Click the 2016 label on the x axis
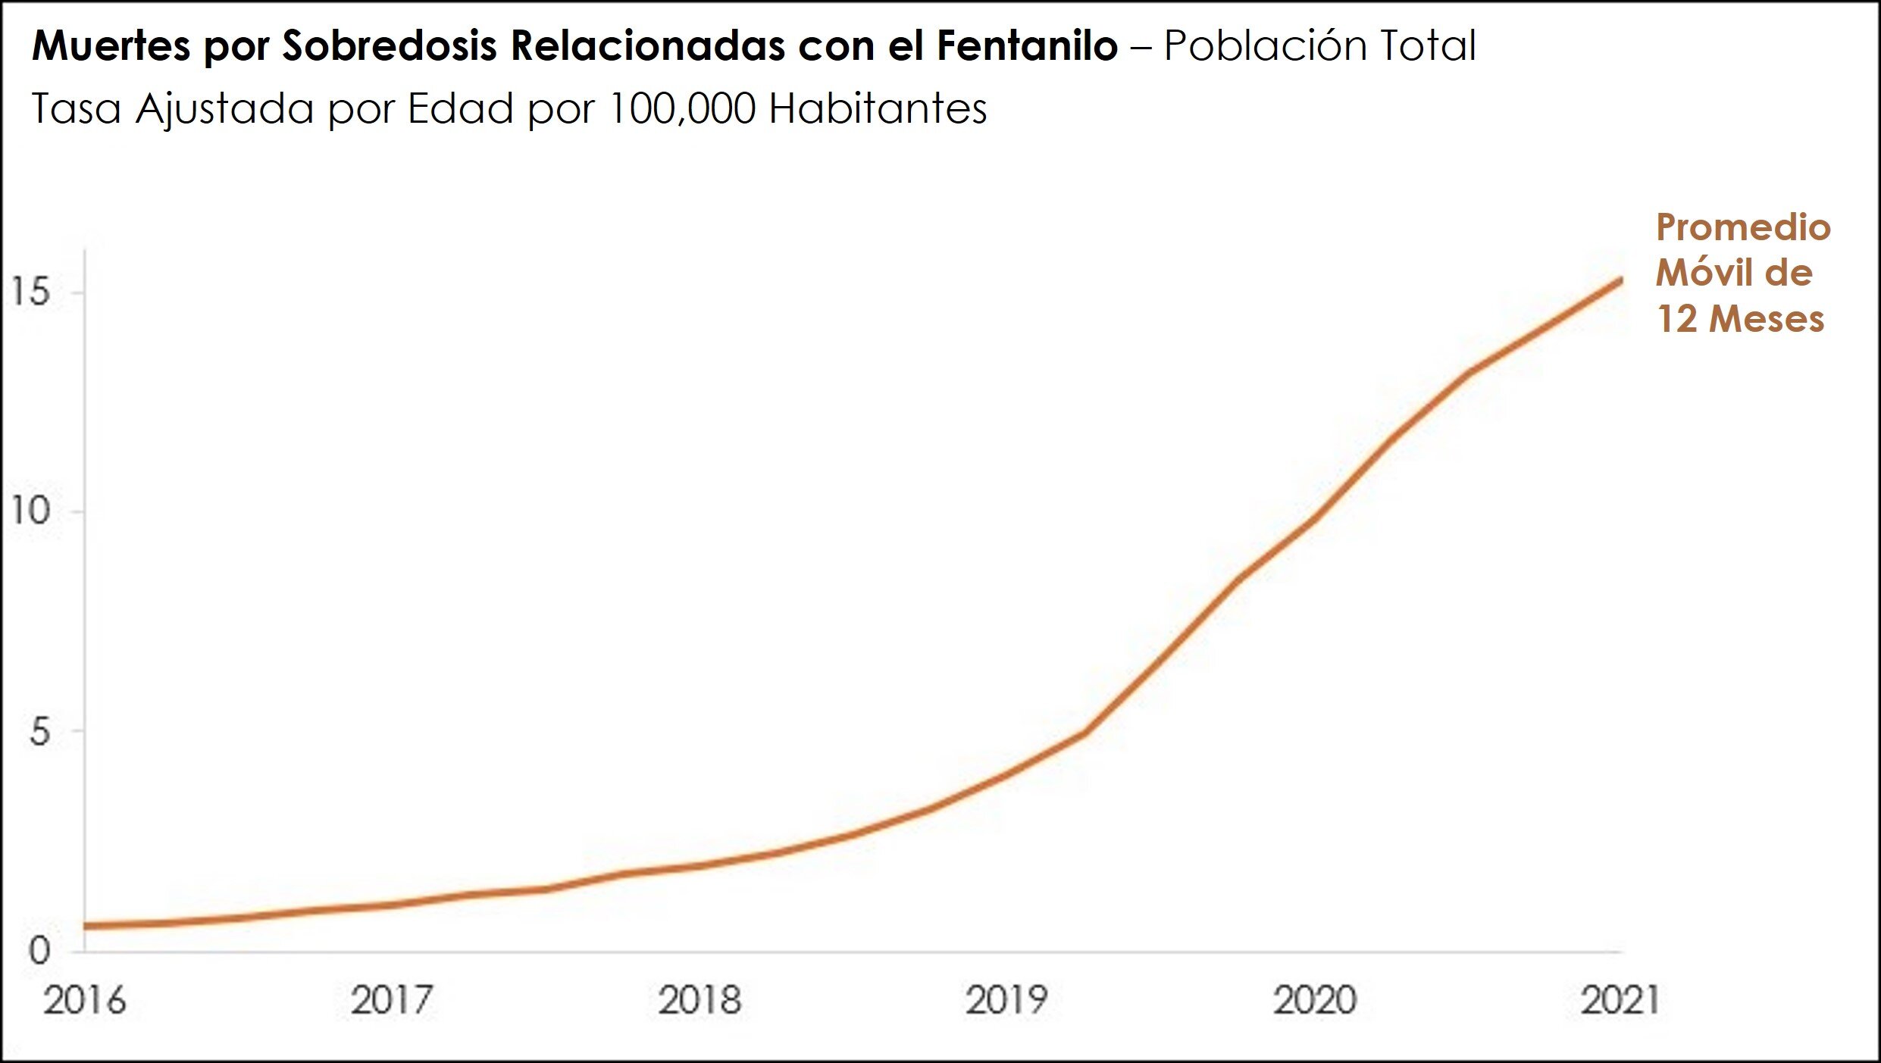pos(84,1000)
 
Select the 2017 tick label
pos(391,1000)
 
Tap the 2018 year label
pos(699,1000)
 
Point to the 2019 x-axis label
pos(1006,1000)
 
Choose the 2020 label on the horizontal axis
pos(1314,1000)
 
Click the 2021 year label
pos(1621,1000)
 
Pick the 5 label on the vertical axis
pos(39,732)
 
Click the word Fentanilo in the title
pos(1027,45)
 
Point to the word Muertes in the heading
pos(111,45)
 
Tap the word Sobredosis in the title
pos(390,45)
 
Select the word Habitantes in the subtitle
pos(878,108)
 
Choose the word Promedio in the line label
pos(1743,227)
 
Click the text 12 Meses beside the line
pos(1740,318)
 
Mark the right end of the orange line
pos(1620,281)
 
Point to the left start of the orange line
pos(86,926)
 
